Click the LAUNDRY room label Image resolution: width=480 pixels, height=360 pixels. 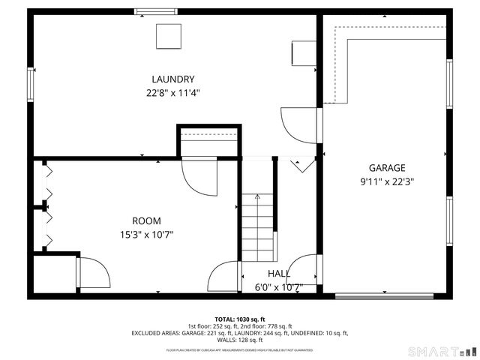coord(173,79)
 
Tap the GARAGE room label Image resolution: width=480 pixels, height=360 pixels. coord(387,168)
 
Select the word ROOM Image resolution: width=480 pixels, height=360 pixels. coord(146,221)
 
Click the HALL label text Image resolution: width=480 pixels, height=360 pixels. coord(279,274)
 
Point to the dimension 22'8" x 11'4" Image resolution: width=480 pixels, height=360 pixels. coord(173,93)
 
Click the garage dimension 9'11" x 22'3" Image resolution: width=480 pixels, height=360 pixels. coord(387,181)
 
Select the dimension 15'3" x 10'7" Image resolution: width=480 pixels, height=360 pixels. coord(146,234)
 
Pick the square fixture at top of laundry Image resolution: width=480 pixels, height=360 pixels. coord(169,36)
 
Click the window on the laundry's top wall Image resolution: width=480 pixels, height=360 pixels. coord(156,11)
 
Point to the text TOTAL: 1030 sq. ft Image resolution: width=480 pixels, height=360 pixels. coord(240,319)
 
